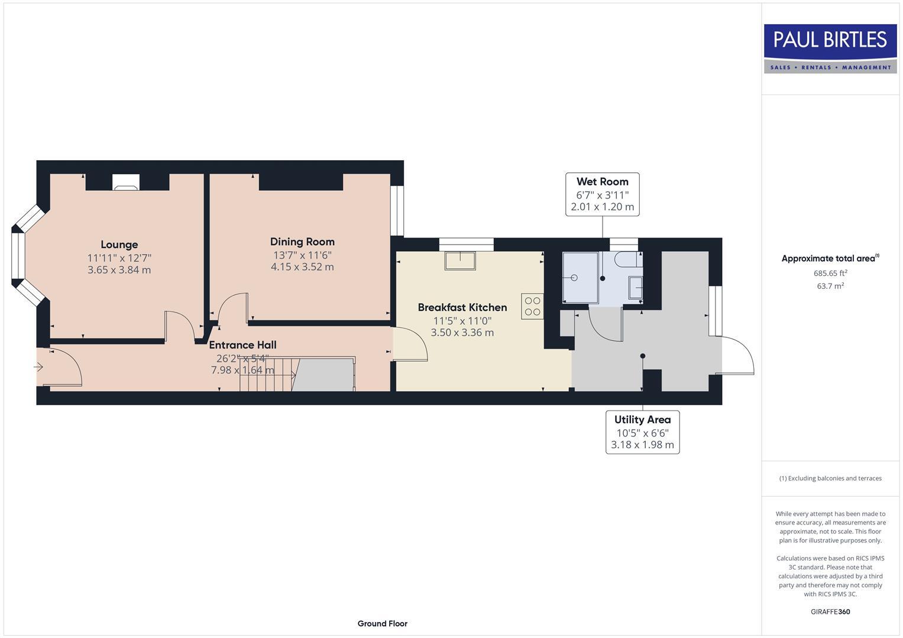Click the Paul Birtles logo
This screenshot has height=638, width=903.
tap(830, 48)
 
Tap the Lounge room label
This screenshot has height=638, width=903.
tap(119, 245)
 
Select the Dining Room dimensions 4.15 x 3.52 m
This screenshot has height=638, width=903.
tap(302, 267)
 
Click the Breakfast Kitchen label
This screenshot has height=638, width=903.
tap(462, 307)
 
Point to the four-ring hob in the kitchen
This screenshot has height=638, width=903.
tap(532, 306)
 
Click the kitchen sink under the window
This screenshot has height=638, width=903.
tap(460, 260)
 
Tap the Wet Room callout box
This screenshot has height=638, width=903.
tap(602, 194)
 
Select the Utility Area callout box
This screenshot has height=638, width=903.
tap(642, 432)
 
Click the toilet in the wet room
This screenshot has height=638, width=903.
tap(627, 259)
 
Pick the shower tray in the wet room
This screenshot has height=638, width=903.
tap(580, 277)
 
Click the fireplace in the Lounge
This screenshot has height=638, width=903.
tap(126, 183)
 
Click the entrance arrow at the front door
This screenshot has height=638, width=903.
tap(39, 367)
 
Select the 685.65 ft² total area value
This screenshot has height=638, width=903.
tap(830, 273)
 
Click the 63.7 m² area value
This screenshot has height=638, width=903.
tap(830, 286)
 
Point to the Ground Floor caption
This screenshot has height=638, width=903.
tap(382, 623)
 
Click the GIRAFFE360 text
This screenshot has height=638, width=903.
tap(830, 611)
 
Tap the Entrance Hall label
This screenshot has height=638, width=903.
tap(242, 345)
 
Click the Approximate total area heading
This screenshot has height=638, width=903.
tap(830, 258)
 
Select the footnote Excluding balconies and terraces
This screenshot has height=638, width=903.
tap(830, 479)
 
